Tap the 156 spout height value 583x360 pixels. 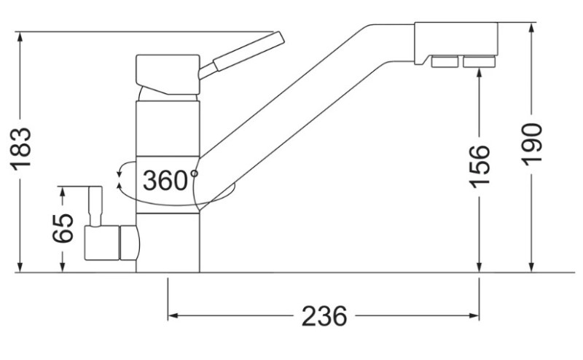(x=480, y=166)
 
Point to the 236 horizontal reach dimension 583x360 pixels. (x=324, y=316)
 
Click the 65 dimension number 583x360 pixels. (x=63, y=228)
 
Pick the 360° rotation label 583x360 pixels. (x=171, y=181)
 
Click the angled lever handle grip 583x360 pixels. (x=249, y=51)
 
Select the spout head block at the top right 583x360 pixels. (x=456, y=42)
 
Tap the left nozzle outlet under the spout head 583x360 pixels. (x=445, y=62)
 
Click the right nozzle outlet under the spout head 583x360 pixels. (x=479, y=62)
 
